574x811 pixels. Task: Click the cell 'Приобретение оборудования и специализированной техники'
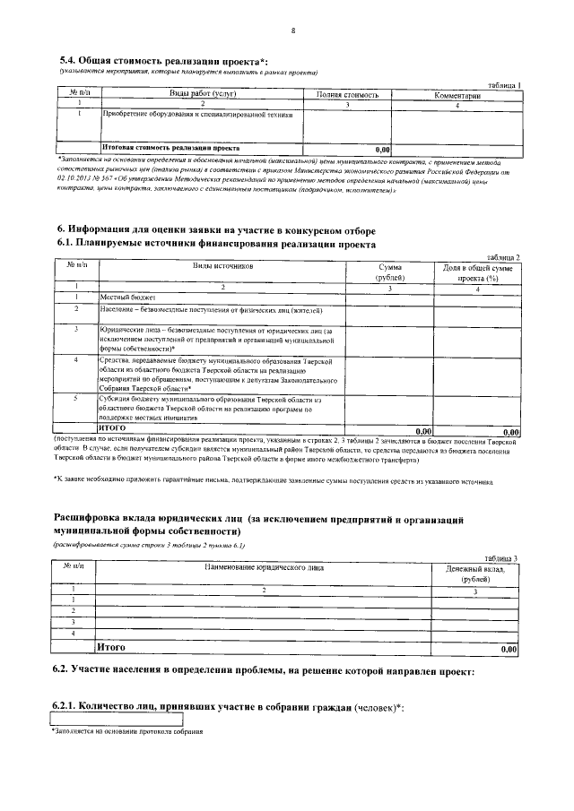coord(196,115)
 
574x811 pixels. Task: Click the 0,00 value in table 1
coord(382,149)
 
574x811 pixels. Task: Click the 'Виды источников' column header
coord(223,266)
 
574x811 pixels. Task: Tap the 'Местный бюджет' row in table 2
coord(129,297)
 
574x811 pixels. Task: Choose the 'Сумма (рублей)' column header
coord(390,272)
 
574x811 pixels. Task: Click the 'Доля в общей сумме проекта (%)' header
coord(478,272)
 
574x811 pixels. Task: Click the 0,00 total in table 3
coord(509,648)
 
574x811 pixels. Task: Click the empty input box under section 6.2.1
coord(117,720)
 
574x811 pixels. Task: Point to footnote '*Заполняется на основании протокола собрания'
coord(127,732)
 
